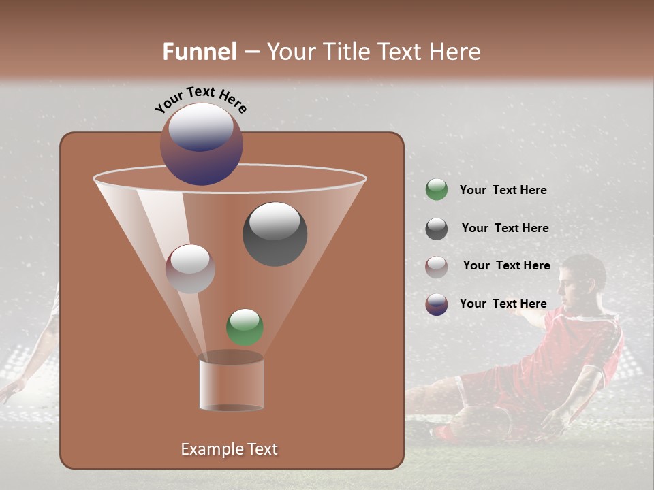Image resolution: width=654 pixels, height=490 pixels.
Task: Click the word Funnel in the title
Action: (x=199, y=52)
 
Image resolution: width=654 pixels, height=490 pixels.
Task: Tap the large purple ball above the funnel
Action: (x=201, y=144)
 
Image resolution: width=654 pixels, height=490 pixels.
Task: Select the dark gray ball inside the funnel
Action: (x=275, y=233)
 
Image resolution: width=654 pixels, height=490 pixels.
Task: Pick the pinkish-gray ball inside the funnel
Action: (x=190, y=268)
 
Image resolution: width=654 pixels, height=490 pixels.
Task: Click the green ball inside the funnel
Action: (x=245, y=327)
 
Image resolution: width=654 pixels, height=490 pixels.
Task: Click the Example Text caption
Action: (x=229, y=449)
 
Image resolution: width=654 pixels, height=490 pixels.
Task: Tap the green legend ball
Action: (x=436, y=190)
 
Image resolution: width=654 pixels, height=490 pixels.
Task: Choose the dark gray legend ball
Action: (x=436, y=229)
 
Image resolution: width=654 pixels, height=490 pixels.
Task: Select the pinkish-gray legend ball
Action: (x=436, y=266)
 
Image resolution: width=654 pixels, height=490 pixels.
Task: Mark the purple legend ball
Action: (x=436, y=304)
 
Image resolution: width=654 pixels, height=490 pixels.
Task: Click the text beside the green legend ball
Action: (x=503, y=191)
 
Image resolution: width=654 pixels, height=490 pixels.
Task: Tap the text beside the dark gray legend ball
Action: (x=505, y=229)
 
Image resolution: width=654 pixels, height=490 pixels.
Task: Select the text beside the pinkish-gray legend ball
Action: (x=506, y=266)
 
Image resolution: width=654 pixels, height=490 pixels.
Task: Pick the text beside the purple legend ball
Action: (x=503, y=304)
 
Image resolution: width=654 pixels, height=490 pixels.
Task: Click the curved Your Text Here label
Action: (x=200, y=99)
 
